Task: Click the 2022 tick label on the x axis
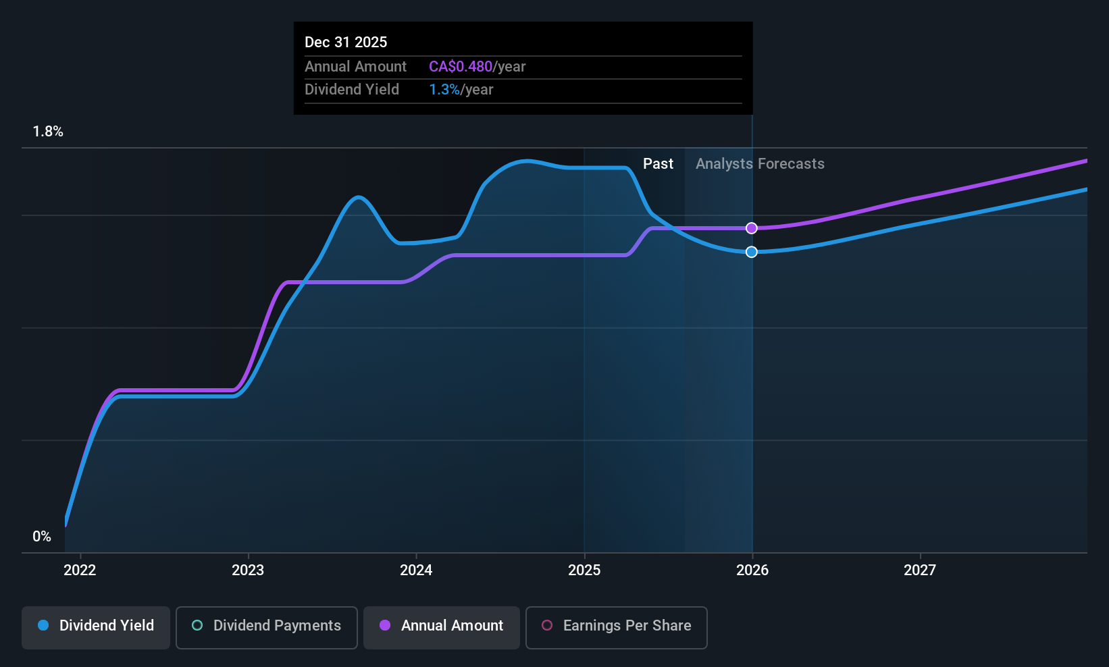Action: (x=80, y=570)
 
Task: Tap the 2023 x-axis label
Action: (x=248, y=570)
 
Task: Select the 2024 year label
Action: (x=416, y=570)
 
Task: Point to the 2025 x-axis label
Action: (x=584, y=570)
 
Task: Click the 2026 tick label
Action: (x=752, y=570)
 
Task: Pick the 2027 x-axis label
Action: (x=920, y=570)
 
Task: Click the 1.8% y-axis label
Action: (x=48, y=132)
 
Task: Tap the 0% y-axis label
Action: (x=42, y=537)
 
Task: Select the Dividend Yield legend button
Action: (x=95, y=627)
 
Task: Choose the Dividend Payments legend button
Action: (x=266, y=627)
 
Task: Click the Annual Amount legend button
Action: (x=442, y=627)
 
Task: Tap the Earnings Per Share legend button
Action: (x=617, y=627)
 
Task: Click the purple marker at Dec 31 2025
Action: (x=752, y=228)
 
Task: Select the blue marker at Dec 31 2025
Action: (x=752, y=252)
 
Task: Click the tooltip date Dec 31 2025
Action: (x=346, y=42)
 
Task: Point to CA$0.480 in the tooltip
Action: (x=461, y=66)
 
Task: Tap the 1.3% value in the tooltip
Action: (x=444, y=90)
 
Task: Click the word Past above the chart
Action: (x=658, y=164)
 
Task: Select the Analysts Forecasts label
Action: (x=760, y=164)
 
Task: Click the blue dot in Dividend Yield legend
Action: (x=44, y=625)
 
